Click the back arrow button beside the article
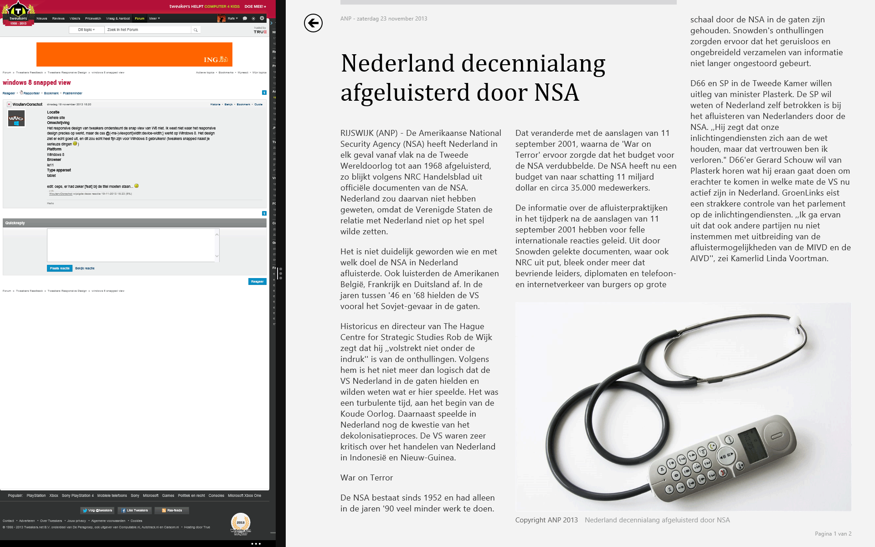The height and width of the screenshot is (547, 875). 313,23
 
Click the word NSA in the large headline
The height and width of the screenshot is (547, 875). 556,93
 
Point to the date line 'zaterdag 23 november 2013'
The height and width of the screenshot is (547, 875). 392,19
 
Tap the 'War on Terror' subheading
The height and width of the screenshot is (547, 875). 366,478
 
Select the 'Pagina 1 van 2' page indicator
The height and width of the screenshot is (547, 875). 833,534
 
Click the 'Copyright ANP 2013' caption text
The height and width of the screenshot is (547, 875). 546,520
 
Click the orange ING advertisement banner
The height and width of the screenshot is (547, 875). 134,55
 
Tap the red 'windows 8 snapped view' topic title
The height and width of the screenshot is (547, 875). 37,83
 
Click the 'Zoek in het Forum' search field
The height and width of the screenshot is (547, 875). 148,30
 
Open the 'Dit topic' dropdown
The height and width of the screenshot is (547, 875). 87,30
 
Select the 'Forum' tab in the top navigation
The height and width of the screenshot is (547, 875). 139,19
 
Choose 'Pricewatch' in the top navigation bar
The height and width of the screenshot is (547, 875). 93,19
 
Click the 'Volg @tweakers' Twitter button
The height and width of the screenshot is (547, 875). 98,511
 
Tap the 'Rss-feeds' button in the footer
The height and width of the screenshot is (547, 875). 172,511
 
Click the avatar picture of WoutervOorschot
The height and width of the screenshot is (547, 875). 16,119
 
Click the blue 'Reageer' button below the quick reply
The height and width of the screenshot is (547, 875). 257,282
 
